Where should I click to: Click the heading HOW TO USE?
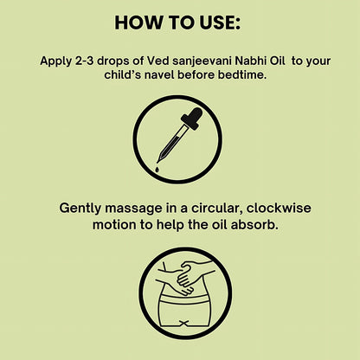click(179, 22)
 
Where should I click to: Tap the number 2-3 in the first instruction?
click(87, 61)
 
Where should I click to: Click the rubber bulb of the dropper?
click(194, 116)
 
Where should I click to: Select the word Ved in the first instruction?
click(138, 61)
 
